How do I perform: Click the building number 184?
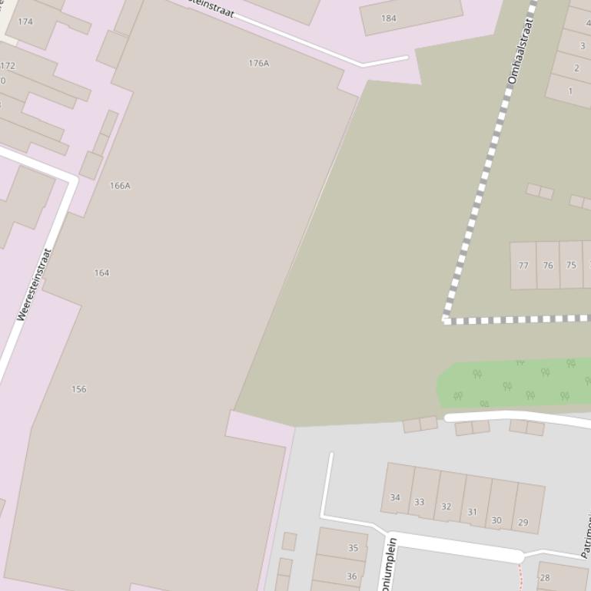point(389,18)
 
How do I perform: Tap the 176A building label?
point(259,63)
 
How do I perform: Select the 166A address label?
point(120,186)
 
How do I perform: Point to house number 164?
point(101,273)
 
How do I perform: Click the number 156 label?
point(79,389)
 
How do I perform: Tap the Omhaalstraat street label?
point(520,52)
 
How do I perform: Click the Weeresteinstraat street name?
point(34,283)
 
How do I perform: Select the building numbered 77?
point(523,266)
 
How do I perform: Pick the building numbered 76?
point(548,266)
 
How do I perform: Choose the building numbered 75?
point(571,266)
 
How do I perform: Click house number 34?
point(395,497)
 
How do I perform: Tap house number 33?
point(419,503)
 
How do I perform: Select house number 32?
point(446,507)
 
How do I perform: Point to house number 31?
point(472,512)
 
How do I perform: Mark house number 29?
point(523,522)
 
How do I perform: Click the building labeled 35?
point(353,548)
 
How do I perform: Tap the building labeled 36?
point(351,576)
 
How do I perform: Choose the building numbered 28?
point(545,578)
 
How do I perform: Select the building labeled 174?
point(25,21)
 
